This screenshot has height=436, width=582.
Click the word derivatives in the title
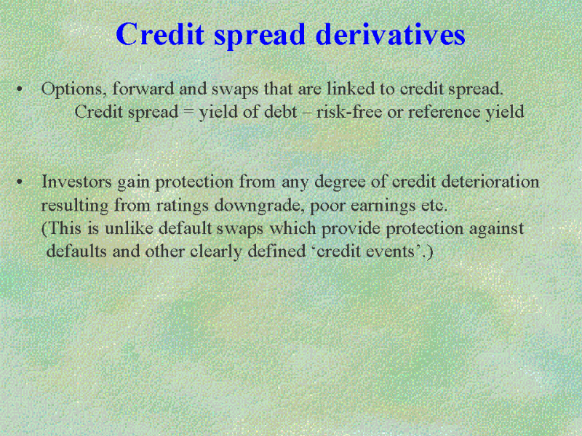pyautogui.click(x=390, y=34)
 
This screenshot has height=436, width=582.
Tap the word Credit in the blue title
pyautogui.click(x=160, y=34)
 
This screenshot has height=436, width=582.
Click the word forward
pyautogui.click(x=143, y=88)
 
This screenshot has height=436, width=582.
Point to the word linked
pyautogui.click(x=351, y=88)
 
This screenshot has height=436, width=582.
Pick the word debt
pyautogui.click(x=280, y=112)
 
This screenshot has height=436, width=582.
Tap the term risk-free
pyautogui.click(x=349, y=112)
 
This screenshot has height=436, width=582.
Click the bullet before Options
pyautogui.click(x=20, y=89)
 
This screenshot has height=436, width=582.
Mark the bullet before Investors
pyautogui.click(x=20, y=182)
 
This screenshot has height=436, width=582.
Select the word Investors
pyautogui.click(x=76, y=182)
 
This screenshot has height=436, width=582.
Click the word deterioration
pyautogui.click(x=490, y=182)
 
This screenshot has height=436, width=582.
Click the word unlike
pyautogui.click(x=129, y=228)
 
